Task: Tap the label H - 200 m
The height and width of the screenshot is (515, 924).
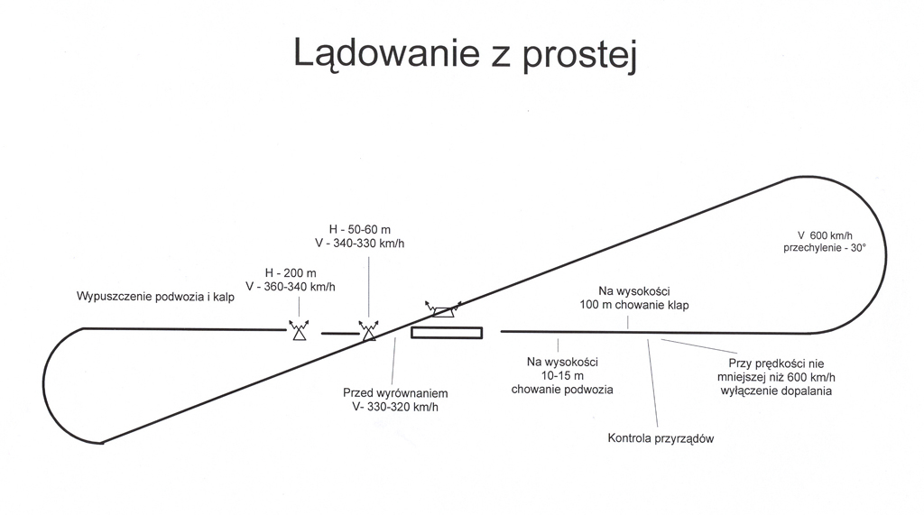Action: pos(291,272)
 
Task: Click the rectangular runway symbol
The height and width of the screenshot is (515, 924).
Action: pos(447,332)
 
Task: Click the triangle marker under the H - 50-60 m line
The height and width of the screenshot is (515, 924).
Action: pos(368,332)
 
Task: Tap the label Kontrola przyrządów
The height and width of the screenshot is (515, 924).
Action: pos(661,438)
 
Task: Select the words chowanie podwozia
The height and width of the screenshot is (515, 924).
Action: pos(562,390)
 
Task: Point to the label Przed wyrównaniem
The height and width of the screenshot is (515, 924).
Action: pos(395,393)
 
